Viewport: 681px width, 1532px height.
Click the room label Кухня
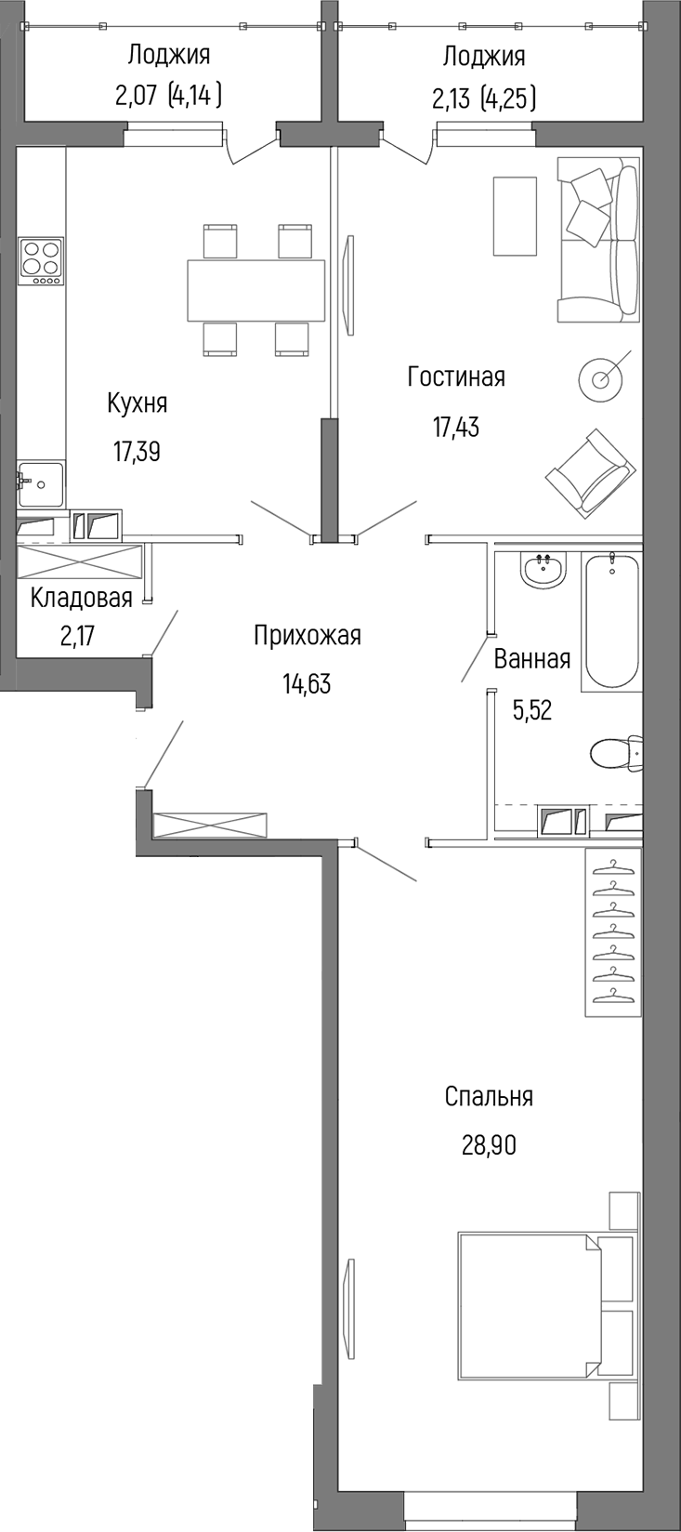click(137, 403)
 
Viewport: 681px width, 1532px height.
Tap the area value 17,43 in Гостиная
click(455, 427)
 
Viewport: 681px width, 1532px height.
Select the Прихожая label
click(307, 636)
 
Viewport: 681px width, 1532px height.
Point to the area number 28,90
click(489, 1145)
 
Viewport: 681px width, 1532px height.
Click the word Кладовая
click(81, 597)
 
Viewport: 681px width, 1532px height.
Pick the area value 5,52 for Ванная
click(532, 710)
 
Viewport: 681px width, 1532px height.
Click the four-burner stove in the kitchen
click(42, 261)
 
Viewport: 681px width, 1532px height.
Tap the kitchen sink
click(41, 483)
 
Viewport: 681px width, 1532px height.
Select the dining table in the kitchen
click(255, 290)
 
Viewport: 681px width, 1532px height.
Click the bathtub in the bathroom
click(611, 620)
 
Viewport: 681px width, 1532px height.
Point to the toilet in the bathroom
click(617, 752)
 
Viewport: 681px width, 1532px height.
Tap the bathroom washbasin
click(543, 569)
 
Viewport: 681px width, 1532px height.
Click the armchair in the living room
click(591, 471)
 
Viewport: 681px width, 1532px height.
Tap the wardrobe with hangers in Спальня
click(613, 932)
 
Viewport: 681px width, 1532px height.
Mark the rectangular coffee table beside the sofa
click(515, 216)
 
